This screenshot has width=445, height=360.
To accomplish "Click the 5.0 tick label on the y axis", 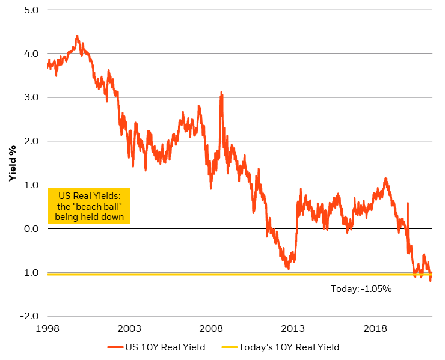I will pos(31,10).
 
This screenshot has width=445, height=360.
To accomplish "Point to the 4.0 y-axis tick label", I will pos(31,54).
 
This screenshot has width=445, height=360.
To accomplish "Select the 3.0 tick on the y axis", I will pos(31,97).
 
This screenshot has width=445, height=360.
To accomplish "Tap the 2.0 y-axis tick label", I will pos(31,141).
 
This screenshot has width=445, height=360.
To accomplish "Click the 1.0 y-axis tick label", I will pos(31,185).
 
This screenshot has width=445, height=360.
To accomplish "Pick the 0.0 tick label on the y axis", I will pos(31,229).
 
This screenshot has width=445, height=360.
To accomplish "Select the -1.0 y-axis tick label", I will pos(29,273).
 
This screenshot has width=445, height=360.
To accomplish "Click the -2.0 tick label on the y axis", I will pos(29,316).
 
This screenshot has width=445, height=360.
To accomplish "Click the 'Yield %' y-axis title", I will pos(11,162).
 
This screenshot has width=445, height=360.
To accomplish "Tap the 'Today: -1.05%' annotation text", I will pos(361,289).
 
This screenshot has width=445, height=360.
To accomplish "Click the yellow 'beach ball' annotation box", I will pos(88,206).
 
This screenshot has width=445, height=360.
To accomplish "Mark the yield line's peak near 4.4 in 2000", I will pos(77,36).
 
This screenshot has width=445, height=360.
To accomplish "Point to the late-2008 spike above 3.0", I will pos(221,93).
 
